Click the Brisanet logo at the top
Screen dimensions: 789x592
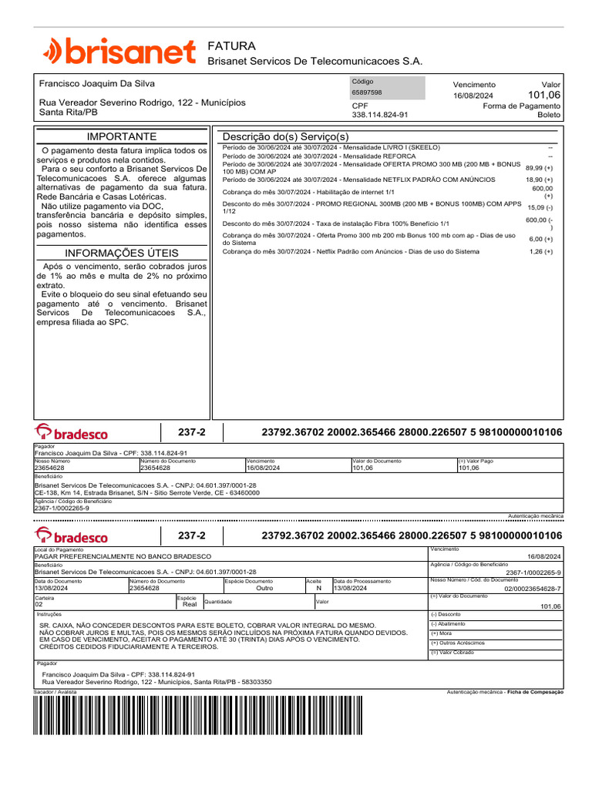[x=119, y=52]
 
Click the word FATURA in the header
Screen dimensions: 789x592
[x=231, y=46]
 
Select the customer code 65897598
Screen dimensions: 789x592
[x=367, y=92]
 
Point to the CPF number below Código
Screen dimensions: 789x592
[x=379, y=115]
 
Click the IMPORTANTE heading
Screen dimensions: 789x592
[x=122, y=136]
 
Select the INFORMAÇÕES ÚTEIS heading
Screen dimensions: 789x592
[x=122, y=253]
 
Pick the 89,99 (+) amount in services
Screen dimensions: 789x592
[x=539, y=167]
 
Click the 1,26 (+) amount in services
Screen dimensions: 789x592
[x=540, y=251]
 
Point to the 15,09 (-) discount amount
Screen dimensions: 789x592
[x=540, y=207]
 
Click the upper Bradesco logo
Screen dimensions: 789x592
[x=72, y=433]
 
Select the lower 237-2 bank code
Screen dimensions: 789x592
[x=192, y=536]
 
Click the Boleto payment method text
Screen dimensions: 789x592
[x=548, y=115]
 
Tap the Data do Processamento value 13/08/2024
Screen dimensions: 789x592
[x=351, y=588]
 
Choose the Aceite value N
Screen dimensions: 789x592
[x=318, y=588]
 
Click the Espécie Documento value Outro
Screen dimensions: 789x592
[x=264, y=588]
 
